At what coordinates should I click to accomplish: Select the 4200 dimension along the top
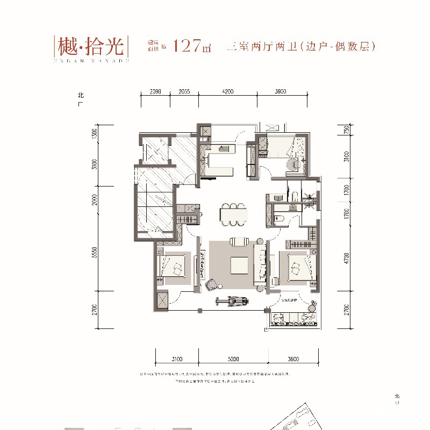coord(228,92)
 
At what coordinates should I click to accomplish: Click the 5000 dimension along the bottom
coord(233,359)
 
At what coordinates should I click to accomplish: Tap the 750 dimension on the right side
coord(347,130)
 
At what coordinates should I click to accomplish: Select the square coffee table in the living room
coord(239,265)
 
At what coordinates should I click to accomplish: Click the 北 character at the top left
coord(81,96)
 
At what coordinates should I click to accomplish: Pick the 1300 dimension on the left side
coord(95,134)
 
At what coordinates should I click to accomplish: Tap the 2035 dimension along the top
coord(184,92)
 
